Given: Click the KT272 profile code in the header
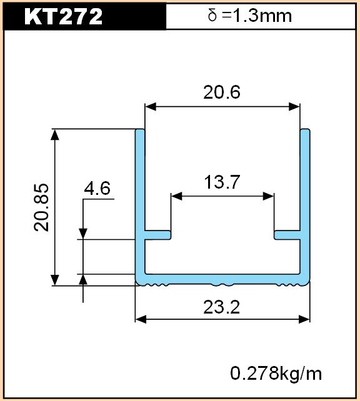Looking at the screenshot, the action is click(x=63, y=16).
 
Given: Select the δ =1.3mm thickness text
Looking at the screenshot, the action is click(x=250, y=16).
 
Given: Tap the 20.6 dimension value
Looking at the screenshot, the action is click(x=222, y=92).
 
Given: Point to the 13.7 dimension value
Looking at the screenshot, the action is click(x=222, y=182).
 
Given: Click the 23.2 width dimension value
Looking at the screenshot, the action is click(x=222, y=307).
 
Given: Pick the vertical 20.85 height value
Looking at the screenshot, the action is click(x=41, y=207).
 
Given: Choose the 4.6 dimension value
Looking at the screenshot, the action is click(x=97, y=188).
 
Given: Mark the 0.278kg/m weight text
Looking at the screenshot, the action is click(x=276, y=374).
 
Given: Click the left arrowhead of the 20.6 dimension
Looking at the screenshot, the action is click(x=150, y=107).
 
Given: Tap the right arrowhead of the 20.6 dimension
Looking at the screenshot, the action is click(x=294, y=107).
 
